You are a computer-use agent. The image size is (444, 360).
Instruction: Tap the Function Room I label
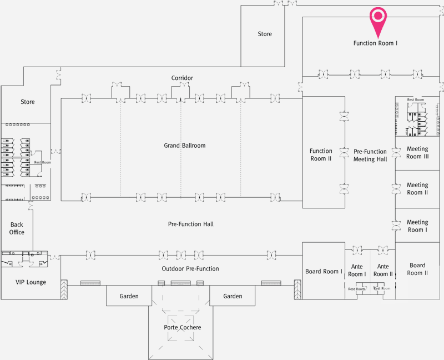(x=375, y=43)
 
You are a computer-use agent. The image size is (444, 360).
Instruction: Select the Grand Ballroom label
(x=185, y=146)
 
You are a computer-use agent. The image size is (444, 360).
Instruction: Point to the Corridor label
(x=182, y=78)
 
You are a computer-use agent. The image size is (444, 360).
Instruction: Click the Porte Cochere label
(x=183, y=327)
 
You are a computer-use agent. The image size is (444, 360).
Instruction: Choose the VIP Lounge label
(x=31, y=282)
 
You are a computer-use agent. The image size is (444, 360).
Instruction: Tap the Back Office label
(x=17, y=228)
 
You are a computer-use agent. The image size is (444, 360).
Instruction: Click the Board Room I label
(x=324, y=271)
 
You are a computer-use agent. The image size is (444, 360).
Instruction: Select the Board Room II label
(x=417, y=269)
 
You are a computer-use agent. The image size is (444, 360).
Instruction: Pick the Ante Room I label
(x=357, y=270)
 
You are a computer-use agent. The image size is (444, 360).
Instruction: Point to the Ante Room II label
(x=383, y=270)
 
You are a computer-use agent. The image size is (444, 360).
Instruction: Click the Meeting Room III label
(x=417, y=153)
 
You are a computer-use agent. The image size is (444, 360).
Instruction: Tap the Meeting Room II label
(x=417, y=188)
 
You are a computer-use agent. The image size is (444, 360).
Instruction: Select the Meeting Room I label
(x=417, y=226)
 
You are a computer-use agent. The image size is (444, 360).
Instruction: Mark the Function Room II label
(x=321, y=154)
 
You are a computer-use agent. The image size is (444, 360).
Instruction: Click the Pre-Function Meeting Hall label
(x=370, y=156)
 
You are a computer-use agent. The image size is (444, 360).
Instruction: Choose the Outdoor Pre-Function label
(x=190, y=268)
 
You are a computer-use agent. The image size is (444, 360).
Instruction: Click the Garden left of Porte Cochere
(x=129, y=296)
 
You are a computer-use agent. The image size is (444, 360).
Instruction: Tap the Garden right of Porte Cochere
(x=233, y=296)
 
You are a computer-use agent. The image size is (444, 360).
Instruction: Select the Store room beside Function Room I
(x=265, y=34)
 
